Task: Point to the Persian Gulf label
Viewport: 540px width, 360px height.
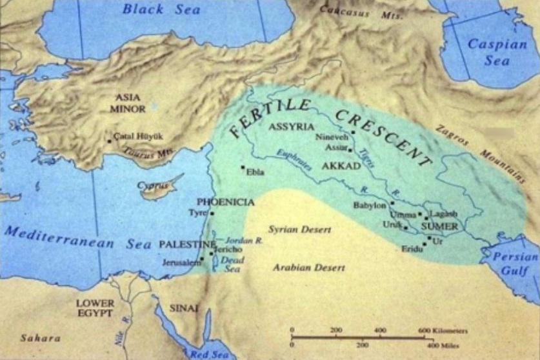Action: coord(515,262)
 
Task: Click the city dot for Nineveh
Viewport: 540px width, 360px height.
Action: coord(353,132)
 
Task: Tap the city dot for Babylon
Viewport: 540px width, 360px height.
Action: coord(392,203)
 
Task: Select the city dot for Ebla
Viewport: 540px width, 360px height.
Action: coord(243,168)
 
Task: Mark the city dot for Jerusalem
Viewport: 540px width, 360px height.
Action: coord(203,259)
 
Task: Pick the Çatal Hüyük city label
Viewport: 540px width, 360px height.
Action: coord(138,137)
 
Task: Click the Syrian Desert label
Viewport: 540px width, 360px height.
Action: coord(299,229)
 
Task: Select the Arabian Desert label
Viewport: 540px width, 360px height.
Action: coord(308,267)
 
